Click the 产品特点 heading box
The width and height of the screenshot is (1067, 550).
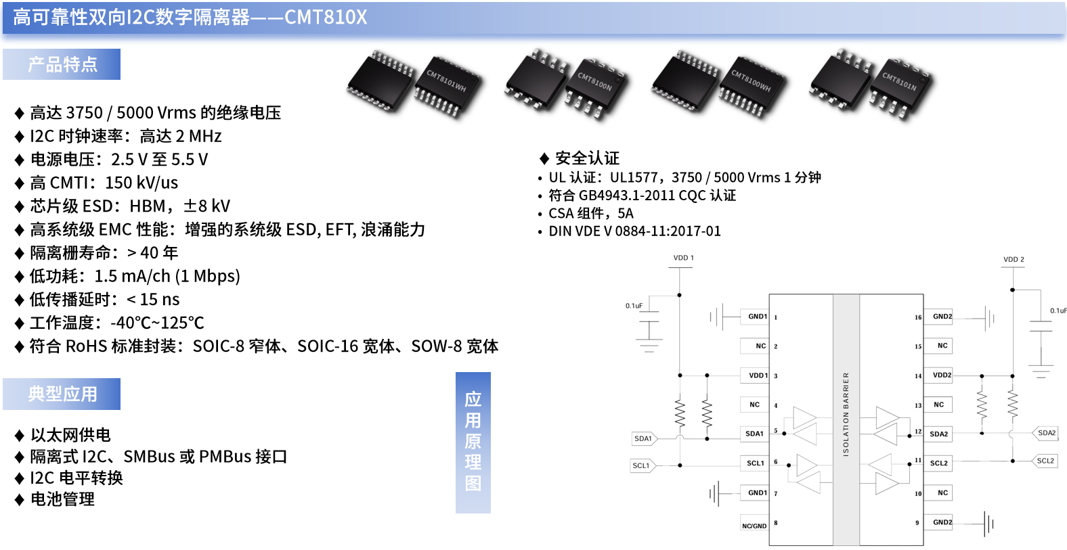click(62, 64)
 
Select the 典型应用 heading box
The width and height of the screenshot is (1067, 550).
click(62, 394)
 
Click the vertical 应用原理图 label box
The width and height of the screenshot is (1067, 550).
click(473, 442)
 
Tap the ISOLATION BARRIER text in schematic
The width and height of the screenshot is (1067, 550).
click(846, 414)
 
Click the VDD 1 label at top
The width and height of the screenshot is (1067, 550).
click(683, 258)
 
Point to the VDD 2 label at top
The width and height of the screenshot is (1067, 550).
click(1014, 259)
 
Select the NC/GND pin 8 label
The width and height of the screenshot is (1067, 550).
click(754, 526)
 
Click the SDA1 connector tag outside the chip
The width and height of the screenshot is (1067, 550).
click(643, 438)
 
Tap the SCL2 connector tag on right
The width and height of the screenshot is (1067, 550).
click(1045, 461)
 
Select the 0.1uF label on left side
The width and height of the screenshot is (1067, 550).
click(634, 306)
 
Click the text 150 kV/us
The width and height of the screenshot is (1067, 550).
click(141, 183)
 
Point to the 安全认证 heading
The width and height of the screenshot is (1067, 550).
click(587, 158)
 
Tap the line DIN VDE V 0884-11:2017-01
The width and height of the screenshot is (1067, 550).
click(634, 231)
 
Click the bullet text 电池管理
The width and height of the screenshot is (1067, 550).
click(62, 499)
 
